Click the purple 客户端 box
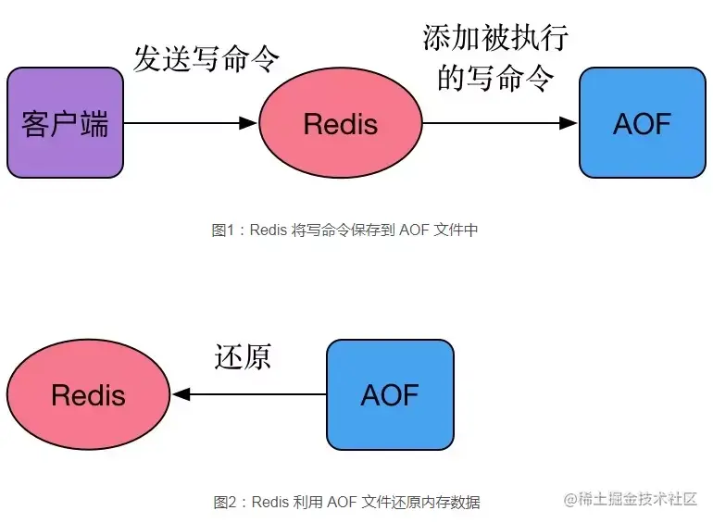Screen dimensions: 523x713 65,122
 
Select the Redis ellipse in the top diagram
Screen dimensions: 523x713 341,123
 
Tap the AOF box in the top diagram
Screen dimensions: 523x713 642,122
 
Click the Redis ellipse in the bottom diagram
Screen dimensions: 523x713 88,394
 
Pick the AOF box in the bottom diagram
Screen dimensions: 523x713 390,394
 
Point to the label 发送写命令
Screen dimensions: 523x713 206,58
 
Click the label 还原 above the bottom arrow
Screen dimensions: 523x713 243,356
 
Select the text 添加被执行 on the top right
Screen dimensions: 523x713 495,38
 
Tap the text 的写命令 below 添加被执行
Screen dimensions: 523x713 495,79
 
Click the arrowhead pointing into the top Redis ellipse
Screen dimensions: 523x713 248,123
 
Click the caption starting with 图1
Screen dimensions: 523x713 344,230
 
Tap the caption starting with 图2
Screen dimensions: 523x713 346,503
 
